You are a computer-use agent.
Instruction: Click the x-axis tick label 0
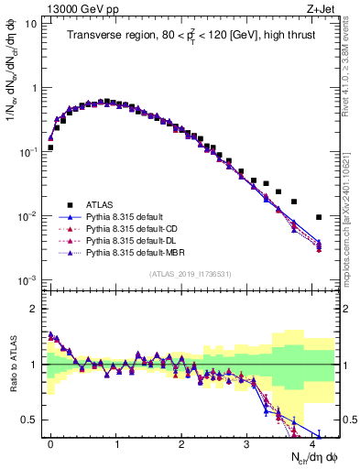50,442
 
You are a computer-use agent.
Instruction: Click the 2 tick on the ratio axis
34,309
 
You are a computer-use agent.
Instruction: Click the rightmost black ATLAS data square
318,217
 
